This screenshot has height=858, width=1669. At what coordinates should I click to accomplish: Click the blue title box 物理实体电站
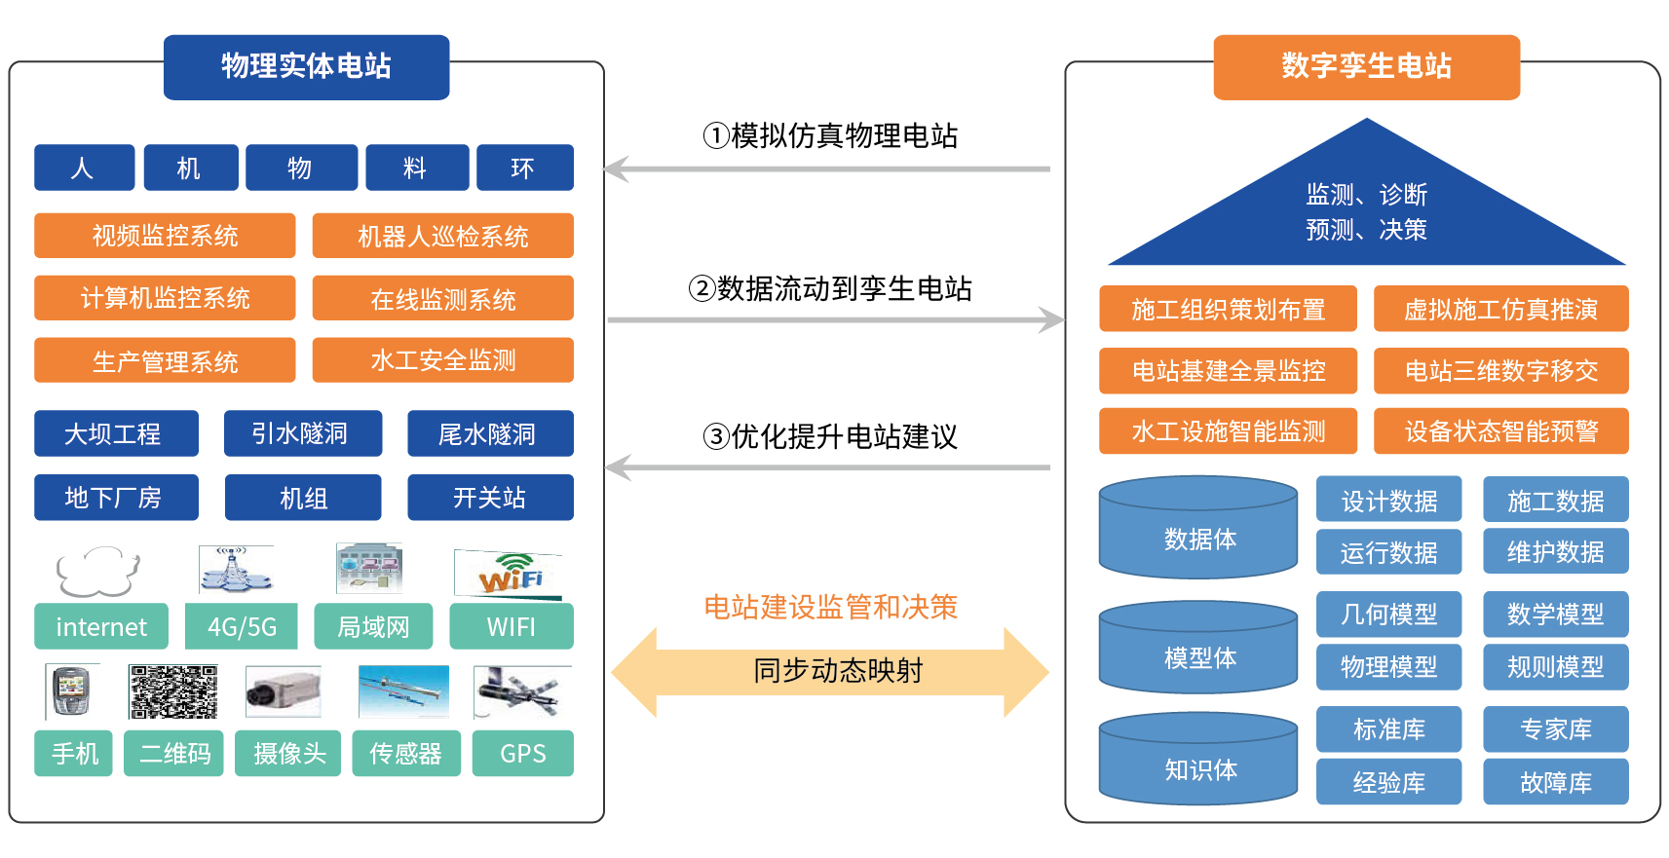pos(306,67)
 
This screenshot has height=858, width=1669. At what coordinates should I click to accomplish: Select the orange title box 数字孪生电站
pos(1367,67)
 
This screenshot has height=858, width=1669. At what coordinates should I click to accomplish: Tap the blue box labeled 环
pos(525,168)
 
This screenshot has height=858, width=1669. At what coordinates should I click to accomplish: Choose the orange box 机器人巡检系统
pos(442,236)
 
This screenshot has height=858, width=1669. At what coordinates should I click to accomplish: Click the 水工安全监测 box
pos(442,359)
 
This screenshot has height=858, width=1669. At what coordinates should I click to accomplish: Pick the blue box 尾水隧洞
pos(490,432)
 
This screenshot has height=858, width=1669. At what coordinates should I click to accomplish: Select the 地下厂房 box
pos(116,497)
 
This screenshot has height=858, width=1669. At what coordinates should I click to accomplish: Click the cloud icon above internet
pos(97,571)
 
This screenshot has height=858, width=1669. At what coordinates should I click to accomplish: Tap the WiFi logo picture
pos(509,574)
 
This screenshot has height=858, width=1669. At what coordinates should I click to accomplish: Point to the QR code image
pos(173,691)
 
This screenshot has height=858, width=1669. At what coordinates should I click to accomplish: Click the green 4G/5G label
pos(242,626)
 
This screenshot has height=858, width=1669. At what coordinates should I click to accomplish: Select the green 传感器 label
pos(406,753)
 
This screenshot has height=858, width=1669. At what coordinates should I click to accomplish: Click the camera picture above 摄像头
pos(284,691)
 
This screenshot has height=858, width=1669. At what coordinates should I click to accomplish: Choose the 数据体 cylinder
pos(1198,527)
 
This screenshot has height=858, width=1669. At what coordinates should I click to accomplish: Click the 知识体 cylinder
pos(1198,759)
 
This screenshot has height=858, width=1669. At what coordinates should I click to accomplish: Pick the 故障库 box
pos(1556,781)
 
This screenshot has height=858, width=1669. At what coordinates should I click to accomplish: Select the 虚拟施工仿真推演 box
pos(1500,309)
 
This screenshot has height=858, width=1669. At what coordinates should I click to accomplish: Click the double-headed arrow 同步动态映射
pos(830,672)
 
